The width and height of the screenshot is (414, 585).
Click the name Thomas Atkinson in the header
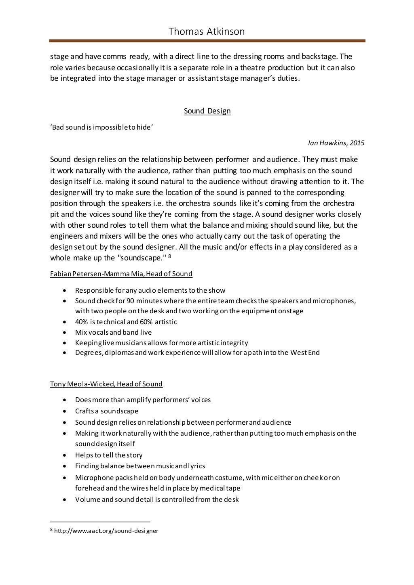coord(207,31)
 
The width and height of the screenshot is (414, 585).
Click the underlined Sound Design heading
coord(207,111)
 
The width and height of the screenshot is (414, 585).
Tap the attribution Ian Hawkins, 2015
coord(336,143)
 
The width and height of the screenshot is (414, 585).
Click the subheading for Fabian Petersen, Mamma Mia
coord(121,274)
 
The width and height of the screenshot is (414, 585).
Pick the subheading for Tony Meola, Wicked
coord(106,384)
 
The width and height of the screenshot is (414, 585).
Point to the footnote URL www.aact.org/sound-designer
coord(106,531)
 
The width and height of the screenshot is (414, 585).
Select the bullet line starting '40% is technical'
coord(126,322)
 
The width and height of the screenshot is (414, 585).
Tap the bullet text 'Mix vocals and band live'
coord(113,333)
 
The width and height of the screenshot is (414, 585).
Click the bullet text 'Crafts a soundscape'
coord(107,411)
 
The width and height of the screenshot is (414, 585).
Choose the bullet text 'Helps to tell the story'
coord(109,455)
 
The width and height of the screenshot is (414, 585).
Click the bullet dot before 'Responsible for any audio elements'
coord(65,290)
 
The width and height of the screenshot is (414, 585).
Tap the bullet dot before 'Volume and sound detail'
coord(65,499)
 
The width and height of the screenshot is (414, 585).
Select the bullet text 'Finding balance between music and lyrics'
coord(140,466)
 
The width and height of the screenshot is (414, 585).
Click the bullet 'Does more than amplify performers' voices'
coord(143,400)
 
